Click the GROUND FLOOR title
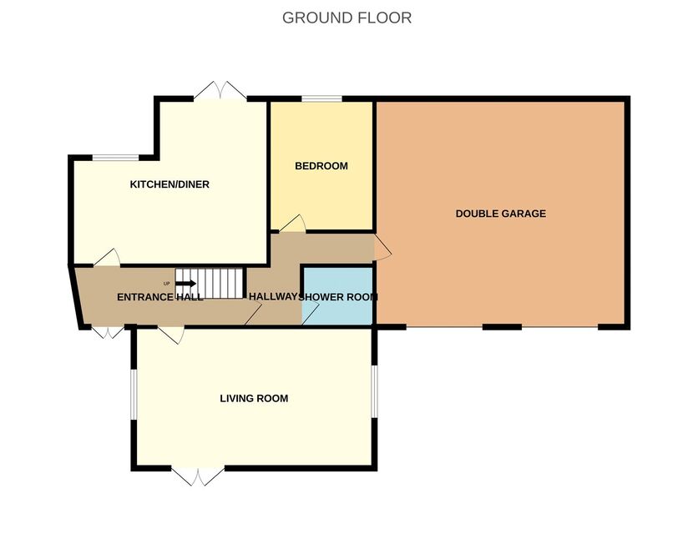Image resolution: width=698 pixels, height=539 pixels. click(x=346, y=18)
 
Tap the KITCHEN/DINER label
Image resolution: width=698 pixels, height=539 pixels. click(x=169, y=184)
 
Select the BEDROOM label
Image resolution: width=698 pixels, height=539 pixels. click(x=321, y=166)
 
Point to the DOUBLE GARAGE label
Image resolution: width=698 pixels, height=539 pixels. click(x=501, y=214)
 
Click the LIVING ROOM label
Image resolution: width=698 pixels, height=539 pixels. click(x=254, y=398)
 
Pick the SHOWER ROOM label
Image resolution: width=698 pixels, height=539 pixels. click(x=338, y=297)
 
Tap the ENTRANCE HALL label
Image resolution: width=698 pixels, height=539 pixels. click(x=160, y=297)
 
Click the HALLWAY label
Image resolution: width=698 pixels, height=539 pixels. click(x=273, y=297)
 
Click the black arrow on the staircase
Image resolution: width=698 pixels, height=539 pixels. click(x=186, y=284)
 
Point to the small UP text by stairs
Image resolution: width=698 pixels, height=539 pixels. click(x=166, y=284)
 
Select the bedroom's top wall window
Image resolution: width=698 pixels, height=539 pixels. click(x=321, y=98)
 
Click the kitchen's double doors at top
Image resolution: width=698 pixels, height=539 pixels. click(x=220, y=90)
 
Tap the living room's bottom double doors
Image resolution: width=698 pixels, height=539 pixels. click(x=198, y=476)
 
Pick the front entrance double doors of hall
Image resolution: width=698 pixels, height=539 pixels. click(x=108, y=332)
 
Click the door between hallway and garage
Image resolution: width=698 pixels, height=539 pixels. click(x=382, y=247)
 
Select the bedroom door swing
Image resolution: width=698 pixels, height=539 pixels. click(x=292, y=224)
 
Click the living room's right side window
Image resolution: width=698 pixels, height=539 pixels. click(x=375, y=392)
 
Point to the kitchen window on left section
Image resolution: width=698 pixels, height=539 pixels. click(x=116, y=158)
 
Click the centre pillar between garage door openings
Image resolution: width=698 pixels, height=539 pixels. click(x=502, y=327)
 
